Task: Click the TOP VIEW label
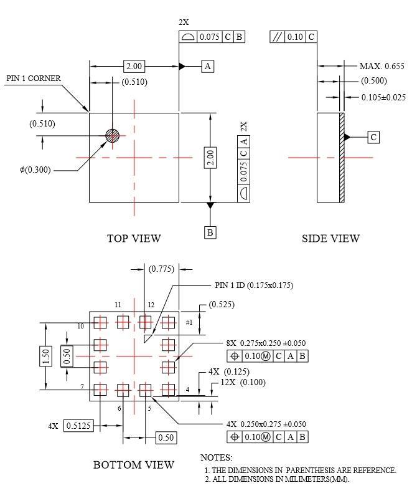point(134,238)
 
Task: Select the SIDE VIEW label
point(330,238)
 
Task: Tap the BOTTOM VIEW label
point(134,464)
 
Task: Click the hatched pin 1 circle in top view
point(112,135)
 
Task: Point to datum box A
point(208,66)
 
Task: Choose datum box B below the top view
point(210,232)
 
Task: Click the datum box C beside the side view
point(373,137)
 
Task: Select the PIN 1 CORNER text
point(34,79)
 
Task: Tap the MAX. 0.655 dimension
point(382,66)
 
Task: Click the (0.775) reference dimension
point(162,269)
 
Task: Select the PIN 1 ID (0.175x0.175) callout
point(253,285)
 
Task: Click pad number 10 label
point(81,326)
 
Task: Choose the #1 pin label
point(189,322)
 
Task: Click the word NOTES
point(217,457)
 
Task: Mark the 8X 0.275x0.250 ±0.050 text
point(266,343)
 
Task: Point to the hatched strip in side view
point(342,157)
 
